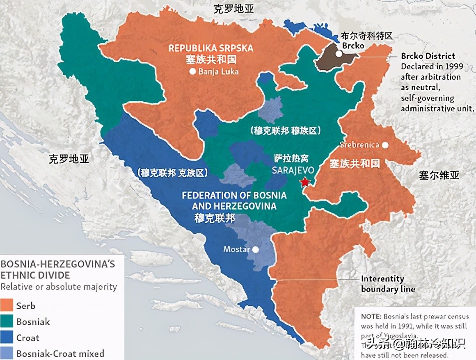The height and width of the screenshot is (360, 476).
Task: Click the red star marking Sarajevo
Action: (304, 182)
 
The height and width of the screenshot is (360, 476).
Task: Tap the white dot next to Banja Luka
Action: (192, 71)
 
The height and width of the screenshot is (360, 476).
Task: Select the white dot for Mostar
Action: (256, 249)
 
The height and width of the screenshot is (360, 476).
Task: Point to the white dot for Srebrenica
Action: (385, 145)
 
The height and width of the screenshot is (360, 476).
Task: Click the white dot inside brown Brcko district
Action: (338, 54)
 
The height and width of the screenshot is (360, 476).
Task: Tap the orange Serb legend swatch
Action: (7, 305)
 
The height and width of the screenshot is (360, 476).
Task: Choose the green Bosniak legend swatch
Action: (7, 321)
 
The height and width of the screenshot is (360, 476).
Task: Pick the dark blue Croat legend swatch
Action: (7, 337)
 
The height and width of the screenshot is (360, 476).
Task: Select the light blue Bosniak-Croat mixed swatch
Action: (7, 353)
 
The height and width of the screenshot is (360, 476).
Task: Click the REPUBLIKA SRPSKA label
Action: (211, 48)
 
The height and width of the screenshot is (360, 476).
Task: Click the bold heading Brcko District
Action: (428, 56)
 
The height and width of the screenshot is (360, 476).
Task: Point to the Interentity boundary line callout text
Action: (388, 284)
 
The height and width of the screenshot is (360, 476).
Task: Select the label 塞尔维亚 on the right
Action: (439, 175)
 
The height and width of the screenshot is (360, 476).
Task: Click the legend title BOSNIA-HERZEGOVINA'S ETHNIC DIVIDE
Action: (57, 269)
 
